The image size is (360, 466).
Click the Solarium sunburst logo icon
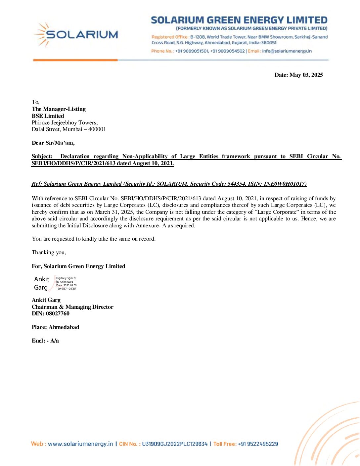point(42,34)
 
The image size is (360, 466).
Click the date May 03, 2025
point(306,75)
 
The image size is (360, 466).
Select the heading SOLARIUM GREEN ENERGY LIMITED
point(239,20)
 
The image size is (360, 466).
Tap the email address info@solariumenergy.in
point(287,51)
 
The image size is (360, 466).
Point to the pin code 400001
point(97,129)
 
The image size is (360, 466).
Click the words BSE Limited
point(48,116)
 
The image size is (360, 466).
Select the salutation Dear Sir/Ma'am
point(53,143)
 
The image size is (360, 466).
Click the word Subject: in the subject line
point(42,157)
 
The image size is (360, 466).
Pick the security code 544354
point(236,184)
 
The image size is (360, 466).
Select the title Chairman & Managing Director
point(72,307)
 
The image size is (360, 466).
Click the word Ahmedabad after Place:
point(64,327)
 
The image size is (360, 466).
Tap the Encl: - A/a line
point(45,341)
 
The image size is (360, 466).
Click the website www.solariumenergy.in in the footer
point(80,444)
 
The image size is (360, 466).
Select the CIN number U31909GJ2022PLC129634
point(175,444)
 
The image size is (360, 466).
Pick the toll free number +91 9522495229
point(258,444)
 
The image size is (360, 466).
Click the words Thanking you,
point(49,253)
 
